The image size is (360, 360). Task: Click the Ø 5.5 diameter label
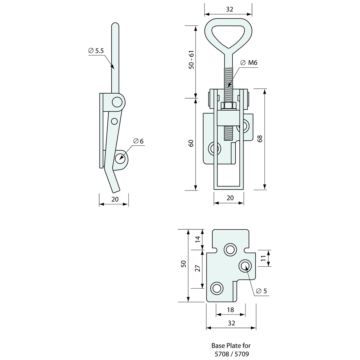(x=96, y=51)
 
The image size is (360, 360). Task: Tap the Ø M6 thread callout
(x=249, y=63)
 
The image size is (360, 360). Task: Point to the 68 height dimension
(x=260, y=138)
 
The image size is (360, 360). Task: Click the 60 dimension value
(x=192, y=143)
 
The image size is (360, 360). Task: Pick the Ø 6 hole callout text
(x=138, y=141)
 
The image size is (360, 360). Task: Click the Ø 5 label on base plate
(x=262, y=291)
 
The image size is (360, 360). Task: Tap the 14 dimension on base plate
(x=197, y=240)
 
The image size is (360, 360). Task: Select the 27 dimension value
(x=197, y=269)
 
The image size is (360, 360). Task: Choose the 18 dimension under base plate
(x=230, y=310)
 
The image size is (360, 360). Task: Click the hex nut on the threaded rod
(x=228, y=106)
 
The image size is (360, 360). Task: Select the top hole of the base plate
(x=230, y=250)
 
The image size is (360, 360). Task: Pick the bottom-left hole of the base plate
(x=216, y=288)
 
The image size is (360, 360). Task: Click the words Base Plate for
(x=231, y=345)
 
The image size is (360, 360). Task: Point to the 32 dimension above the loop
(x=229, y=9)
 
